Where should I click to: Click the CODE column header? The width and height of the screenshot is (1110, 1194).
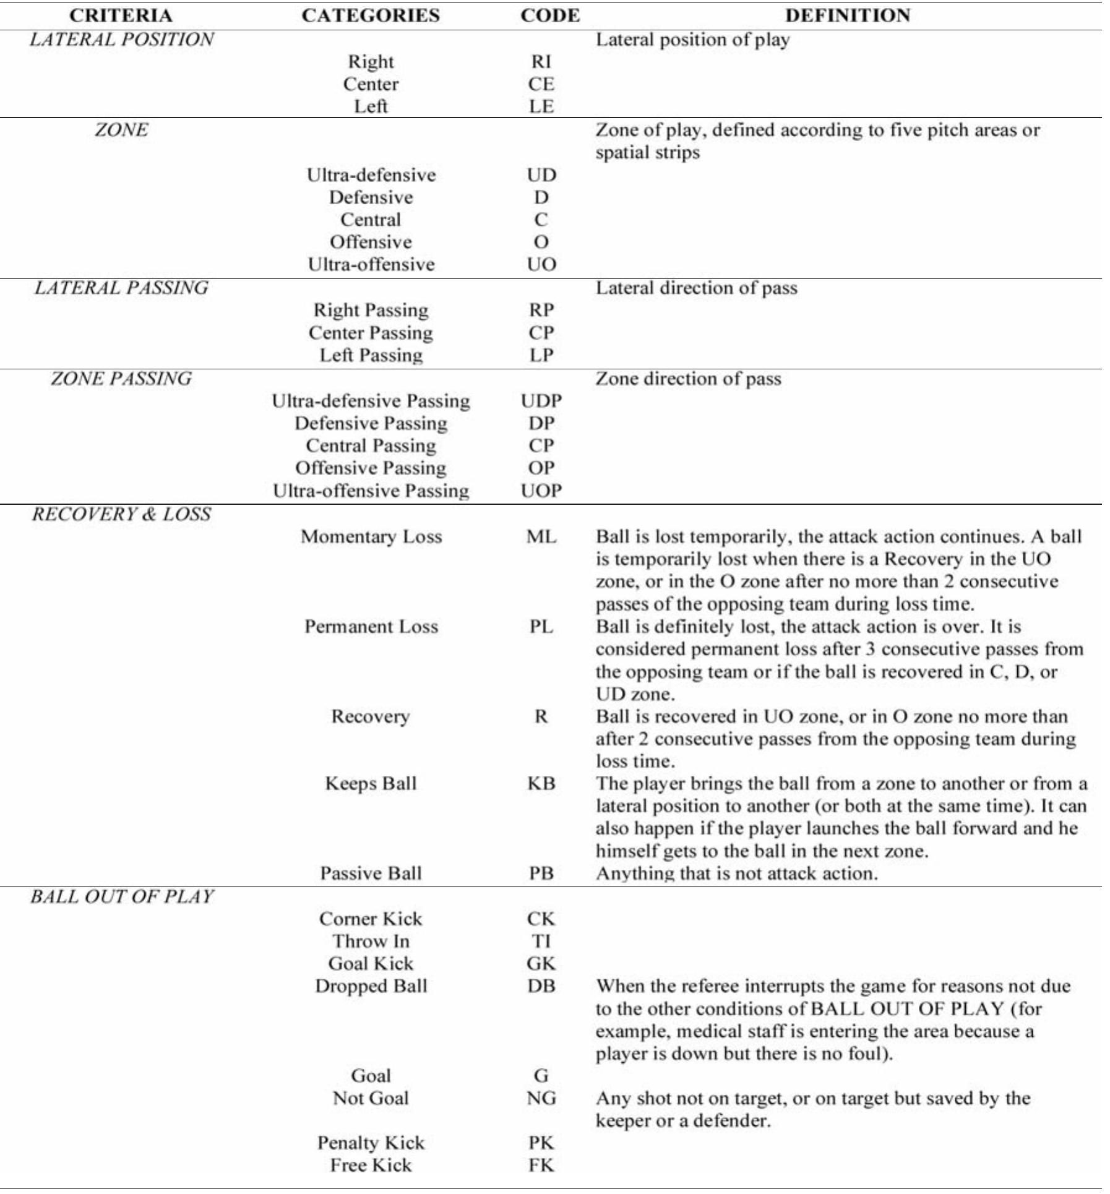pyautogui.click(x=550, y=15)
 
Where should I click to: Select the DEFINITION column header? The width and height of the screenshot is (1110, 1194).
pyautogui.click(x=847, y=15)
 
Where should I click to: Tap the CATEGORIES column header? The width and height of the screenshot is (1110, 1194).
pyautogui.click(x=371, y=15)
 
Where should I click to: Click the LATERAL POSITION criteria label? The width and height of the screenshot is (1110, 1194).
pyautogui.click(x=121, y=40)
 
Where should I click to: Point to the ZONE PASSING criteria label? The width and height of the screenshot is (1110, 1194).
pyautogui.click(x=121, y=379)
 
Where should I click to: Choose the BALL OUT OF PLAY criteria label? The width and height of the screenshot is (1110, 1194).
pyautogui.click(x=121, y=896)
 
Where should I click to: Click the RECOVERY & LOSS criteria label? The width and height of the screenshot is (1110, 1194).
pyautogui.click(x=121, y=514)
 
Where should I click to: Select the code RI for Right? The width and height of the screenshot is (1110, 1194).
pyautogui.click(x=541, y=62)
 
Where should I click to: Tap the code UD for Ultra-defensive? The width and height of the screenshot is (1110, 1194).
pyautogui.click(x=541, y=175)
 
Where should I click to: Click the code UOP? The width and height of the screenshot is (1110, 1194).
pyautogui.click(x=541, y=491)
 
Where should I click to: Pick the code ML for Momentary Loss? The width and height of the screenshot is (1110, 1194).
pyautogui.click(x=541, y=536)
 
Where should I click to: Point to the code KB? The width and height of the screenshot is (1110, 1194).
pyautogui.click(x=541, y=784)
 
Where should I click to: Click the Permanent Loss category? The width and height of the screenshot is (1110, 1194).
pyautogui.click(x=371, y=627)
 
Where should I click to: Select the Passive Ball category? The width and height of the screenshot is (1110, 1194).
pyautogui.click(x=371, y=874)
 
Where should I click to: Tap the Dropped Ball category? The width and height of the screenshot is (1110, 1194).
pyautogui.click(x=371, y=986)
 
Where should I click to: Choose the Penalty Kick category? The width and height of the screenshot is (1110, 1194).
pyautogui.click(x=371, y=1143)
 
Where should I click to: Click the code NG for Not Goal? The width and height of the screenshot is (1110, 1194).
pyautogui.click(x=541, y=1098)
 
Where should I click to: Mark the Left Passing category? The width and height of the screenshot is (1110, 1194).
pyautogui.click(x=371, y=355)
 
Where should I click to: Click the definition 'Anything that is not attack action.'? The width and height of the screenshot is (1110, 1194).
pyautogui.click(x=736, y=874)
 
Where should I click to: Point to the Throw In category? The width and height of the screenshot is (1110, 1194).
pyautogui.click(x=371, y=941)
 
